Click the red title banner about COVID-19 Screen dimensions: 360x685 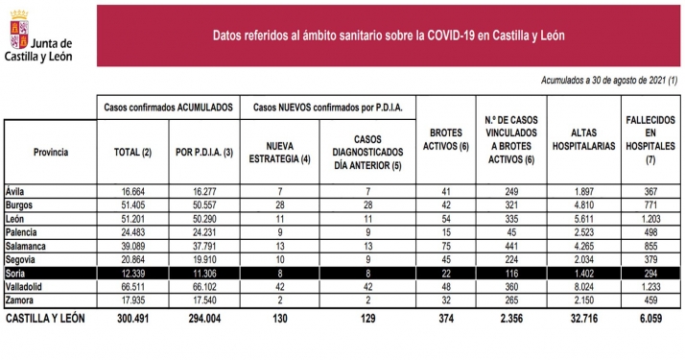pos(388,35)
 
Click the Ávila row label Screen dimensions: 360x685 pos(16,192)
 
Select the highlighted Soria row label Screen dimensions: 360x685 pos(18,274)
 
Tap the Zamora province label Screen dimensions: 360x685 pos(22,300)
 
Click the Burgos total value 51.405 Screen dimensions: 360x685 pos(134,205)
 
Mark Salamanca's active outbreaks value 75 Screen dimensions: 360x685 pos(444,246)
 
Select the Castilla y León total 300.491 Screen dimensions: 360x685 pos(134,319)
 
